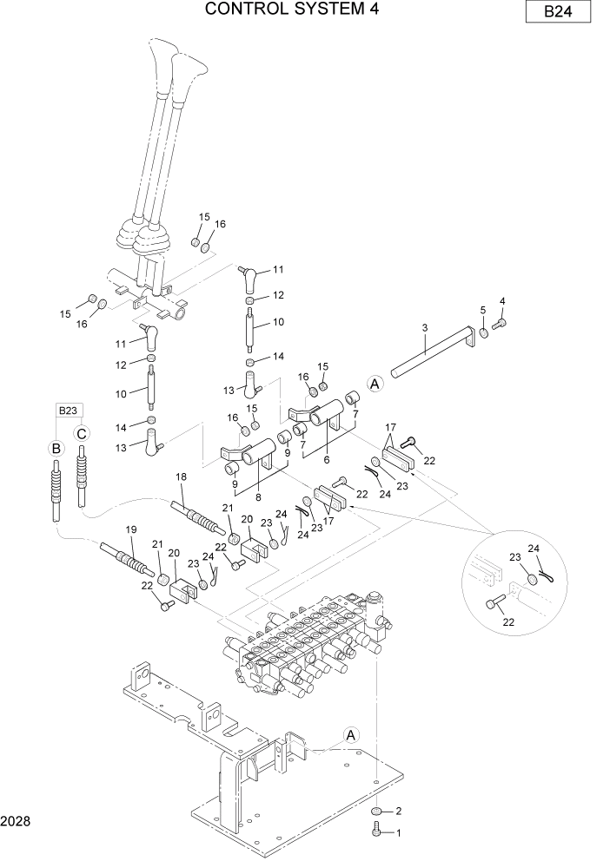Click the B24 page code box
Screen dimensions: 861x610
pyautogui.click(x=557, y=12)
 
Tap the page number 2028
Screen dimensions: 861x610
pyautogui.click(x=17, y=819)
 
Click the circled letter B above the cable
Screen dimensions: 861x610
pyautogui.click(x=56, y=449)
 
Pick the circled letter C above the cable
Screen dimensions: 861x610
pyautogui.click(x=82, y=432)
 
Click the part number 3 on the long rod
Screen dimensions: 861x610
pyautogui.click(x=424, y=328)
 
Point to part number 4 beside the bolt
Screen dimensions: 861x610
pyautogui.click(x=501, y=302)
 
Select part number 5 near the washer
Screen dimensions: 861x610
pyautogui.click(x=483, y=310)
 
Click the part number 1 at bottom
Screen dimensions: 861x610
pyautogui.click(x=399, y=832)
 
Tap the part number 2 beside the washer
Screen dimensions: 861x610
pyautogui.click(x=398, y=812)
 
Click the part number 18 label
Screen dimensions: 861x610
pyautogui.click(x=181, y=477)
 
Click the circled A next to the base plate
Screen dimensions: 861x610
pyautogui.click(x=351, y=735)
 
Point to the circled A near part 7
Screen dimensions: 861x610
pyautogui.click(x=375, y=384)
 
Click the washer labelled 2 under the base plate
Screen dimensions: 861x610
pyautogui.click(x=376, y=812)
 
